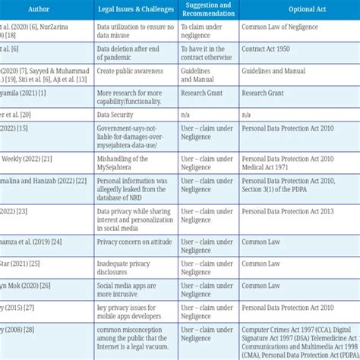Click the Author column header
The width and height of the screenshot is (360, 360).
tap(43, 9)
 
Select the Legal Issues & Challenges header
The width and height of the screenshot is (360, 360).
tap(135, 9)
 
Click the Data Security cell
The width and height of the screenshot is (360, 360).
tap(115, 114)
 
